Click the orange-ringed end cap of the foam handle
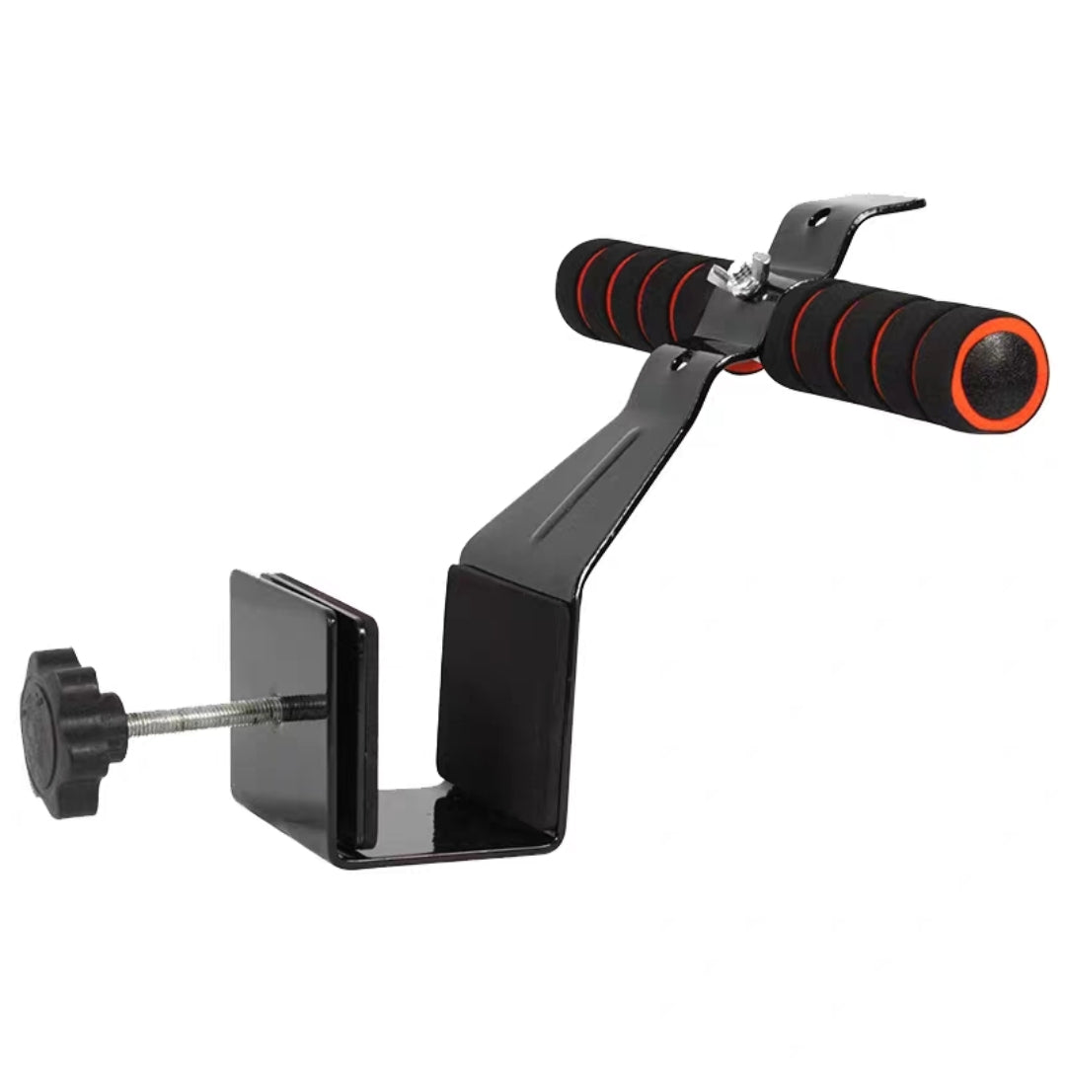(x=999, y=372)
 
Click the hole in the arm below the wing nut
(x=677, y=364)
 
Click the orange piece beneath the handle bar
(x=746, y=367)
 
